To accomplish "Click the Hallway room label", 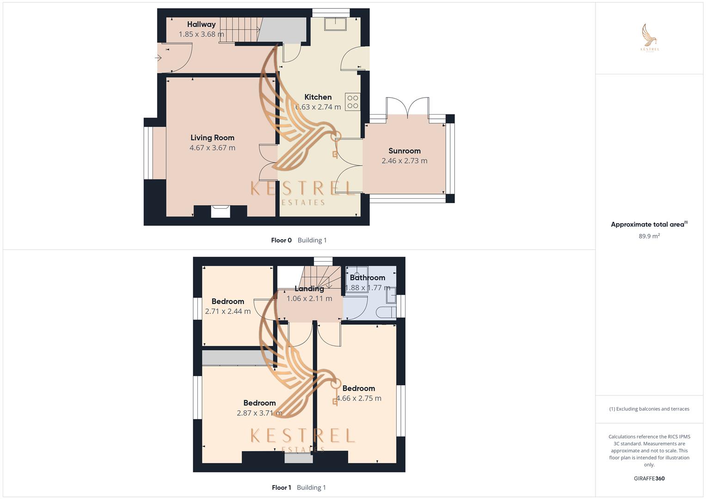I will [x=201, y=24].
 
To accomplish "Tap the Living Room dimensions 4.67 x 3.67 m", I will [x=212, y=148].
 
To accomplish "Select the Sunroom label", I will [x=404, y=151].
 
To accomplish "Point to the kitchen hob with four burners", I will [x=352, y=102].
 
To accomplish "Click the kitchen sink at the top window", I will [x=336, y=24].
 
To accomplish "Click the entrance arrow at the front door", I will [x=158, y=58].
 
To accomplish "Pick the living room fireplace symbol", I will [x=220, y=211].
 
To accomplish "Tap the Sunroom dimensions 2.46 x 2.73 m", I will [x=404, y=161].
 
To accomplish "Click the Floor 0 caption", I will [x=281, y=240].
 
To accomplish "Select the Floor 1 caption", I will [x=281, y=487].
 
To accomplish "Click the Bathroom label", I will [x=367, y=278].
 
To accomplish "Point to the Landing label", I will [x=309, y=289].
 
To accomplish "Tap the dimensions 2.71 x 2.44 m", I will [x=227, y=311].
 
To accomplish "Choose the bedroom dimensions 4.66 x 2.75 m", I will [x=359, y=398].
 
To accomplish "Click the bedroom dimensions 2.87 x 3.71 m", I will [x=259, y=413].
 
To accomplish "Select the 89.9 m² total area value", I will [x=649, y=236].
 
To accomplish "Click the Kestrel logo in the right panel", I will [x=650, y=38].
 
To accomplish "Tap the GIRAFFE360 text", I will [x=649, y=479].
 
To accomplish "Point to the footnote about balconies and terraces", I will [x=649, y=409].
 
